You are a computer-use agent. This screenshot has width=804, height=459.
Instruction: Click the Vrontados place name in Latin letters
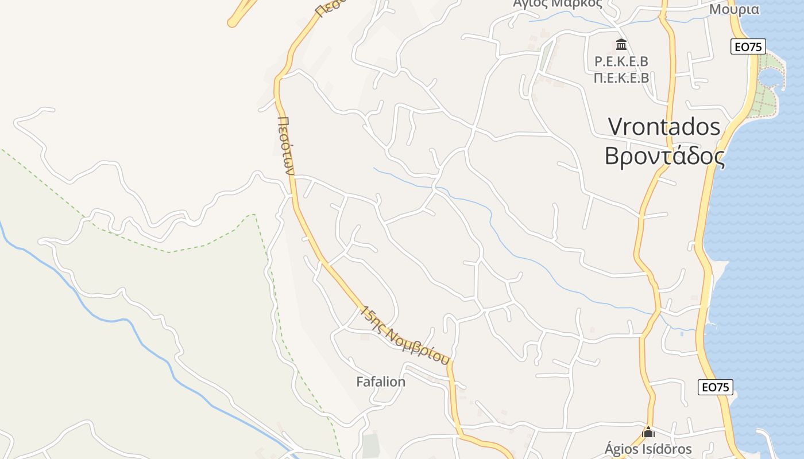[664, 126]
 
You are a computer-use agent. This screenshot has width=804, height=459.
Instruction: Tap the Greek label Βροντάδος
[664, 155]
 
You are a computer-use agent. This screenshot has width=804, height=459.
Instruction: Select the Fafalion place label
[381, 382]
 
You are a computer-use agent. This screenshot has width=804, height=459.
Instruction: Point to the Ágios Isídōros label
[648, 449]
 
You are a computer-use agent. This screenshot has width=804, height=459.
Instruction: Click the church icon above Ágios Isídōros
[648, 432]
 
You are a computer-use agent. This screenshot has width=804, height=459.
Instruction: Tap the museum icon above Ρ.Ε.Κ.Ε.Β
[621, 45]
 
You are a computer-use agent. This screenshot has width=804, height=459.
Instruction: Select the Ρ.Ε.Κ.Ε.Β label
[621, 61]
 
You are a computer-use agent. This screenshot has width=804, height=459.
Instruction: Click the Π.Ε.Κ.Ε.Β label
[621, 77]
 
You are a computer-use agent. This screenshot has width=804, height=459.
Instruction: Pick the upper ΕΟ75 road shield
[748, 47]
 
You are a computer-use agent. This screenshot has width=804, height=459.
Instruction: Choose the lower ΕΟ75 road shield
[716, 387]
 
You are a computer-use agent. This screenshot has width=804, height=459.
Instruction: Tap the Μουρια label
[734, 9]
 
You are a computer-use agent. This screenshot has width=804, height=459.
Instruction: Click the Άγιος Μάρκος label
[557, 3]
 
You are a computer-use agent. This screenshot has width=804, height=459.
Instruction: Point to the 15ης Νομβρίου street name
[404, 336]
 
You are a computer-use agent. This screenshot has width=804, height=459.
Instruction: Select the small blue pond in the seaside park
[771, 76]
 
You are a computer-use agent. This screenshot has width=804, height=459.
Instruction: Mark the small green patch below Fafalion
[371, 445]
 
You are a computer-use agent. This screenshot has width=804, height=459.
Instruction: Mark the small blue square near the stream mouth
[682, 333]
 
